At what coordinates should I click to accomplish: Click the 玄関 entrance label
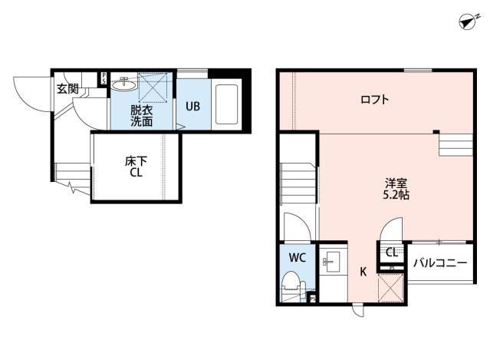click(x=67, y=88)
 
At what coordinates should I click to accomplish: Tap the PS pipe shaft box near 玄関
click(x=103, y=79)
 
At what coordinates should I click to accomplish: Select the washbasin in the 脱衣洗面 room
click(x=122, y=87)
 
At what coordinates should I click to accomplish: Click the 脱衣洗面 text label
click(x=140, y=116)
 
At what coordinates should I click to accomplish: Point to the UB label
click(x=192, y=107)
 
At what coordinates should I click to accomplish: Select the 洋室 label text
click(x=396, y=183)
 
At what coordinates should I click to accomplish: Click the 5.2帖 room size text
click(x=396, y=196)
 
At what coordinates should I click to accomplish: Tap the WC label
click(x=298, y=257)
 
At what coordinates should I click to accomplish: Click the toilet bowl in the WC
click(x=292, y=286)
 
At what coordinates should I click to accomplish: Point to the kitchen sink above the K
click(x=331, y=263)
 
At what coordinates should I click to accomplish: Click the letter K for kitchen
click(x=363, y=271)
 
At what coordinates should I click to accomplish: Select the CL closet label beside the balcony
click(x=392, y=251)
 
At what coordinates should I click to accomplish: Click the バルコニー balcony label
click(x=440, y=263)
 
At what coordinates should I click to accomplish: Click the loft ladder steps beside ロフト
click(x=453, y=144)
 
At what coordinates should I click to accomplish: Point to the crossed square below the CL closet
click(x=391, y=289)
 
